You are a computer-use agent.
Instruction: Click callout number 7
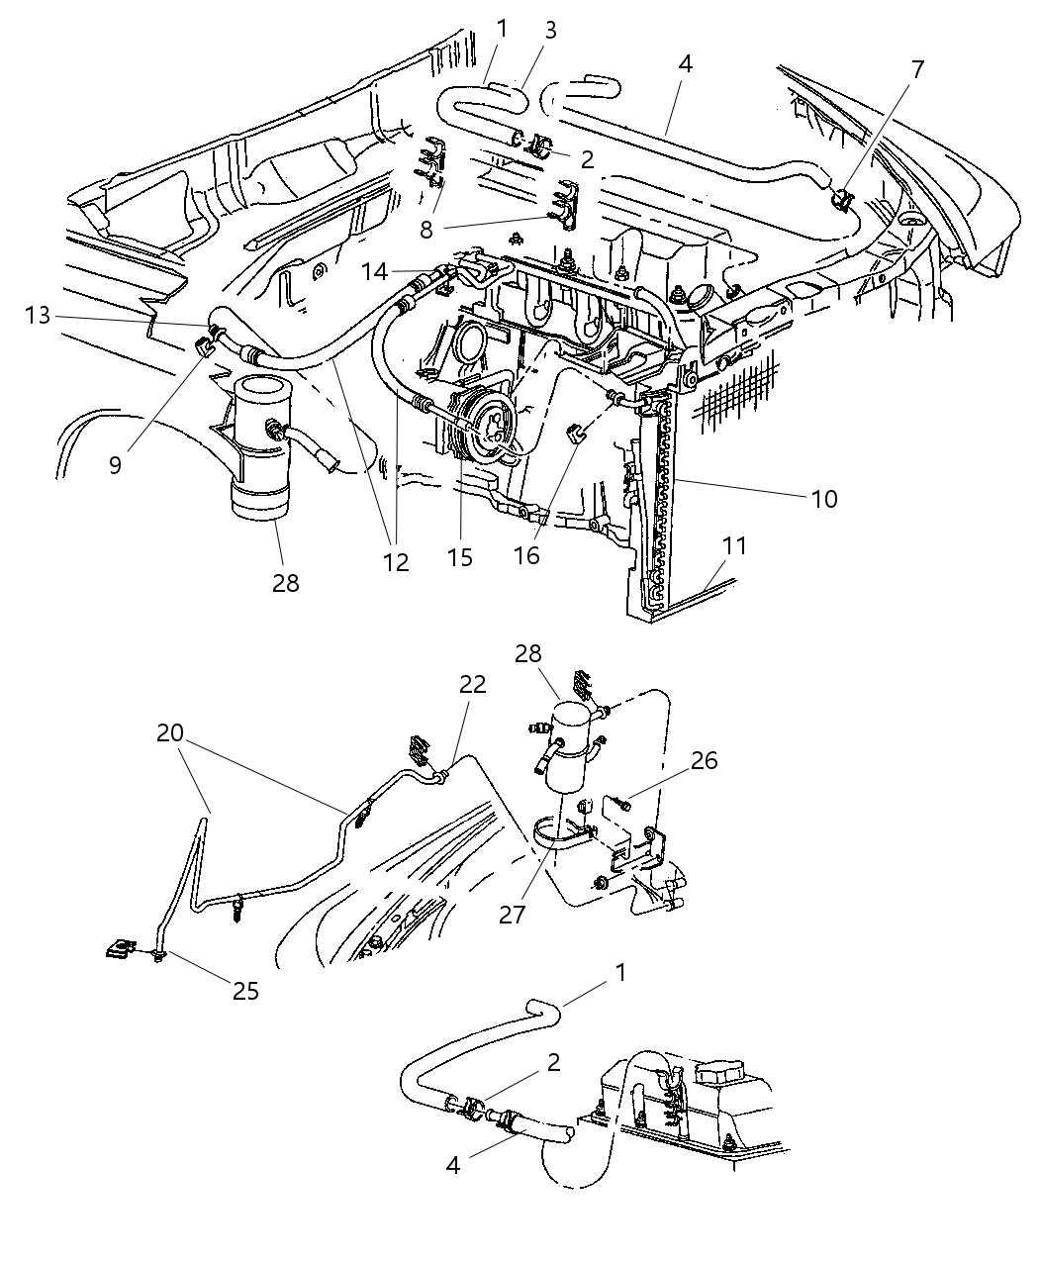point(917,70)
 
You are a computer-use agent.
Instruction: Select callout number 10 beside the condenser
point(823,499)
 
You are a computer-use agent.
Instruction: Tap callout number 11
point(734,546)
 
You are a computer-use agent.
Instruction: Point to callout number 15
point(460,557)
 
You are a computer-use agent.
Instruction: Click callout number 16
point(526,555)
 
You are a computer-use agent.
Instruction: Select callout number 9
point(116,464)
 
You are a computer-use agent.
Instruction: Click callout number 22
point(473,684)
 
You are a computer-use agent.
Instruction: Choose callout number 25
point(245,990)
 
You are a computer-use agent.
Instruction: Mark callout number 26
point(731,760)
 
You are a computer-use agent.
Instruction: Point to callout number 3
point(550,30)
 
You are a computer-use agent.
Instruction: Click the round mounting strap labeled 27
point(559,836)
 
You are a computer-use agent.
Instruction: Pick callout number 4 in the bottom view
point(453,1165)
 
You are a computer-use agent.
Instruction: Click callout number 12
point(395,562)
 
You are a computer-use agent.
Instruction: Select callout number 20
point(170,734)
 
